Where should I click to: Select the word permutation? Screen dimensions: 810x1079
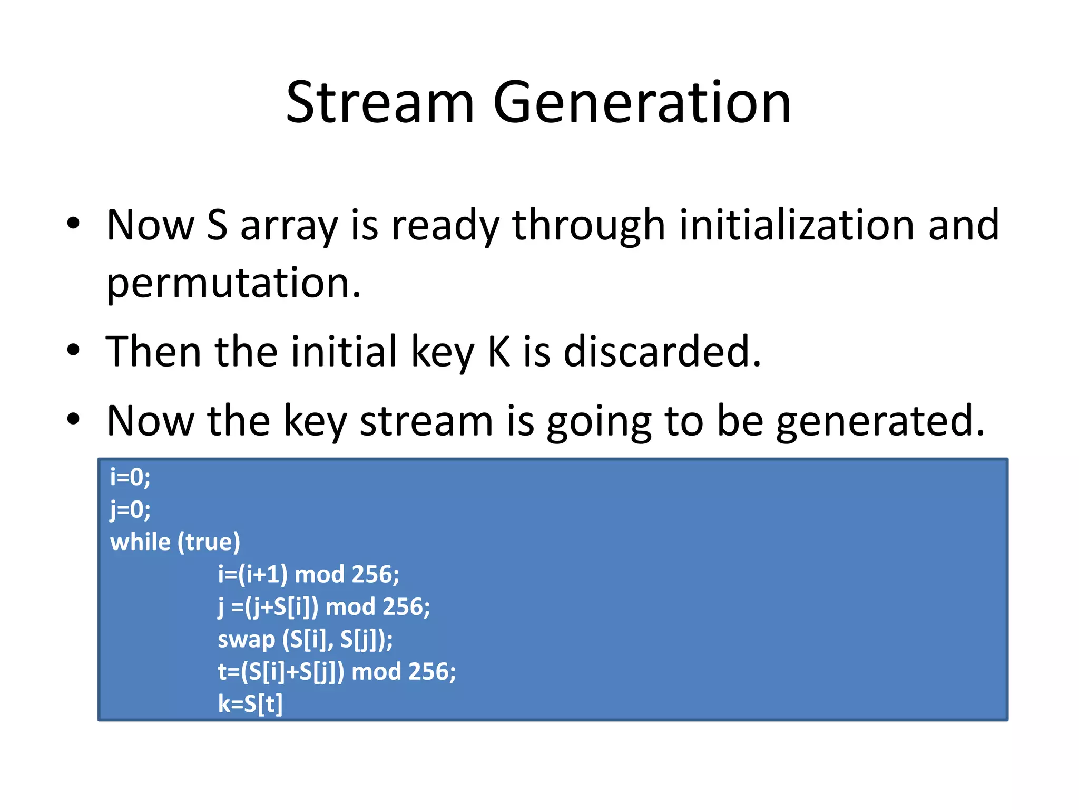233,283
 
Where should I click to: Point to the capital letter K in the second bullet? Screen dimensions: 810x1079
498,352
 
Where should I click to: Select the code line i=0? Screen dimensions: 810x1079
130,477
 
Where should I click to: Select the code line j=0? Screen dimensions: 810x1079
130,510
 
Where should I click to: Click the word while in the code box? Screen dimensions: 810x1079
140,542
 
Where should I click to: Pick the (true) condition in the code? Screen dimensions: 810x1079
209,542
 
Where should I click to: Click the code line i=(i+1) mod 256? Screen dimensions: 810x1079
308,574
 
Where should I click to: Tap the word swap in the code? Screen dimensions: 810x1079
246,639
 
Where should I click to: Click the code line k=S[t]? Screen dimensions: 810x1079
250,704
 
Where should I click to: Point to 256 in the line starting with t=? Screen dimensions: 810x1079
429,672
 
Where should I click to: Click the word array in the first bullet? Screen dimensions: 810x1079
289,225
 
